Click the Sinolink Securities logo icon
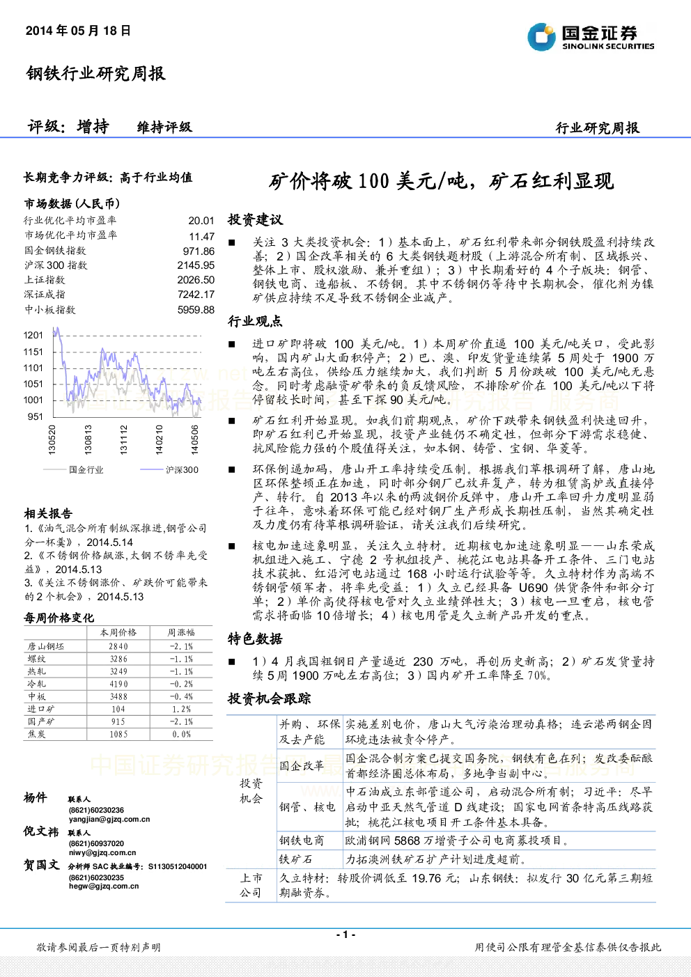coord(541,37)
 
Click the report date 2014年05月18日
coord(78,31)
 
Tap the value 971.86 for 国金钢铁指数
coord(199,251)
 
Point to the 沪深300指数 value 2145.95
coord(196,265)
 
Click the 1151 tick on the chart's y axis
coord(33,352)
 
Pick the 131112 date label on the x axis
coord(123,439)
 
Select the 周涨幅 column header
coord(181,632)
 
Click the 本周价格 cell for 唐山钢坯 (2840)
coord(118,646)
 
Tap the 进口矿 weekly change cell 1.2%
coord(181,709)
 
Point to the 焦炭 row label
coord(37,734)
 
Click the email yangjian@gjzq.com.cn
coord(109,819)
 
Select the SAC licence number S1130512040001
coord(178,866)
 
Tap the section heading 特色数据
coord(255,639)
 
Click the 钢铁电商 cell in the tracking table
coord(302,840)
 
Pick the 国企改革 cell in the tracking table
coord(302,765)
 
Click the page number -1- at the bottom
coord(345,935)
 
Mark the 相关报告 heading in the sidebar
coord(48,513)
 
